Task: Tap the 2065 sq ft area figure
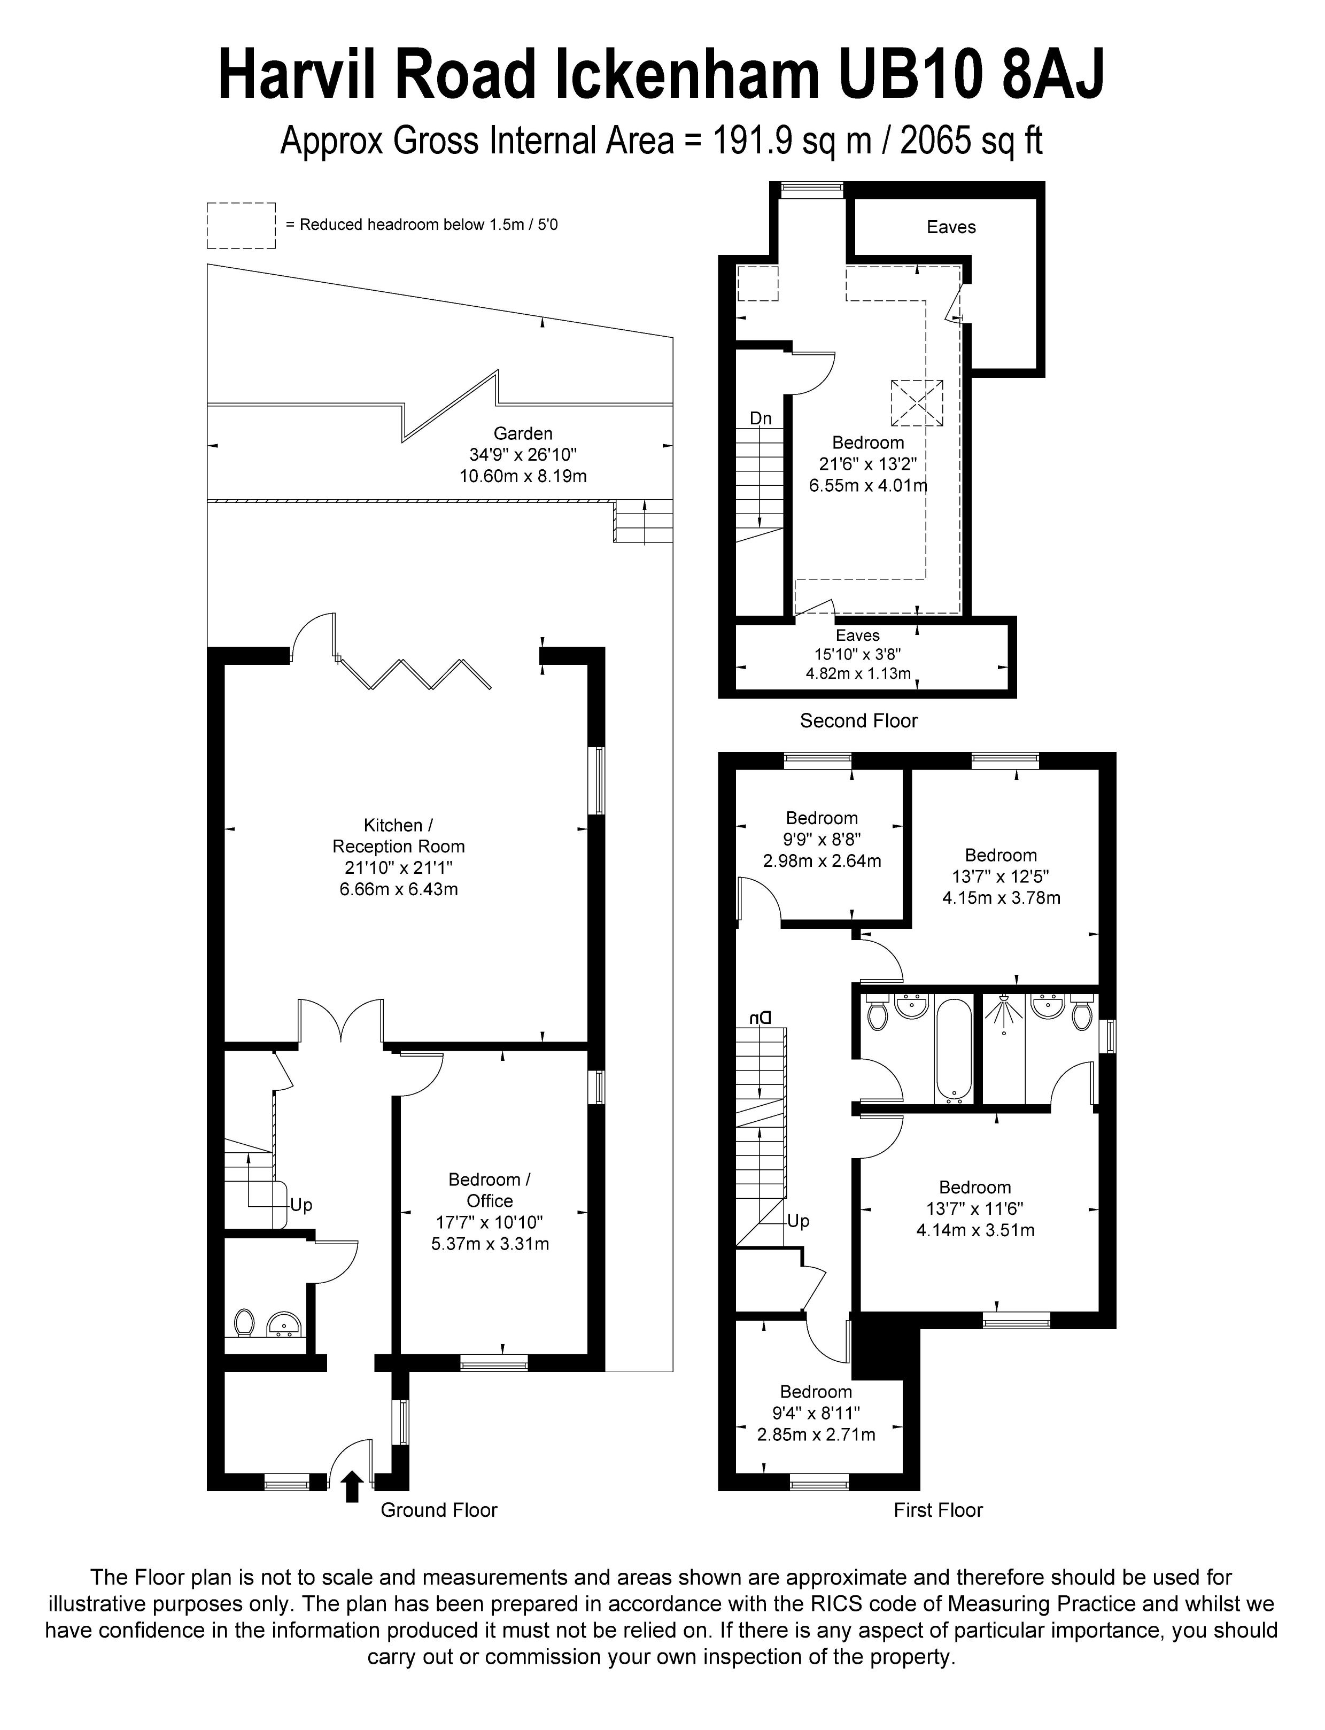pos(972,142)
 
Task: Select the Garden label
pos(523,433)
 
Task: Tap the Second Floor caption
pos(859,721)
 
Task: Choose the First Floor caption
pos(937,1510)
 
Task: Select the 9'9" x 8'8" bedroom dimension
pos(822,840)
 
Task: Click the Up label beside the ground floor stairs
pos(301,1205)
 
